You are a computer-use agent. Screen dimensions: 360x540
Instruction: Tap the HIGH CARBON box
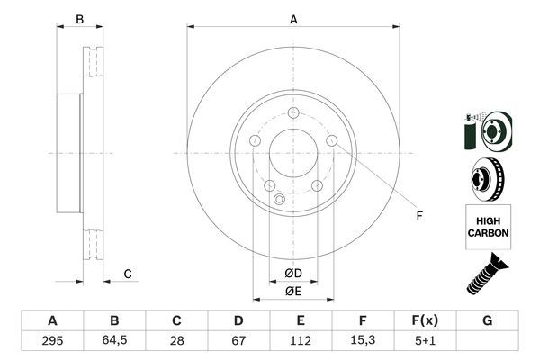click(x=488, y=226)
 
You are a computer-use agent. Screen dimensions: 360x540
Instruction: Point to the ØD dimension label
click(x=292, y=273)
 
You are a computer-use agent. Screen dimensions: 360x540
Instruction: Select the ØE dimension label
click(x=292, y=291)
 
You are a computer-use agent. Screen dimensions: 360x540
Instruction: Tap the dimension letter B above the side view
click(x=79, y=19)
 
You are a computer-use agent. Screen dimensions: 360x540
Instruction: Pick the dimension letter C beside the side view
click(x=128, y=274)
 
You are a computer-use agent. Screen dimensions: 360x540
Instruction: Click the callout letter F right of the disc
click(x=418, y=214)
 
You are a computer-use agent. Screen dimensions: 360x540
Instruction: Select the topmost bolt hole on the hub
click(x=293, y=112)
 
